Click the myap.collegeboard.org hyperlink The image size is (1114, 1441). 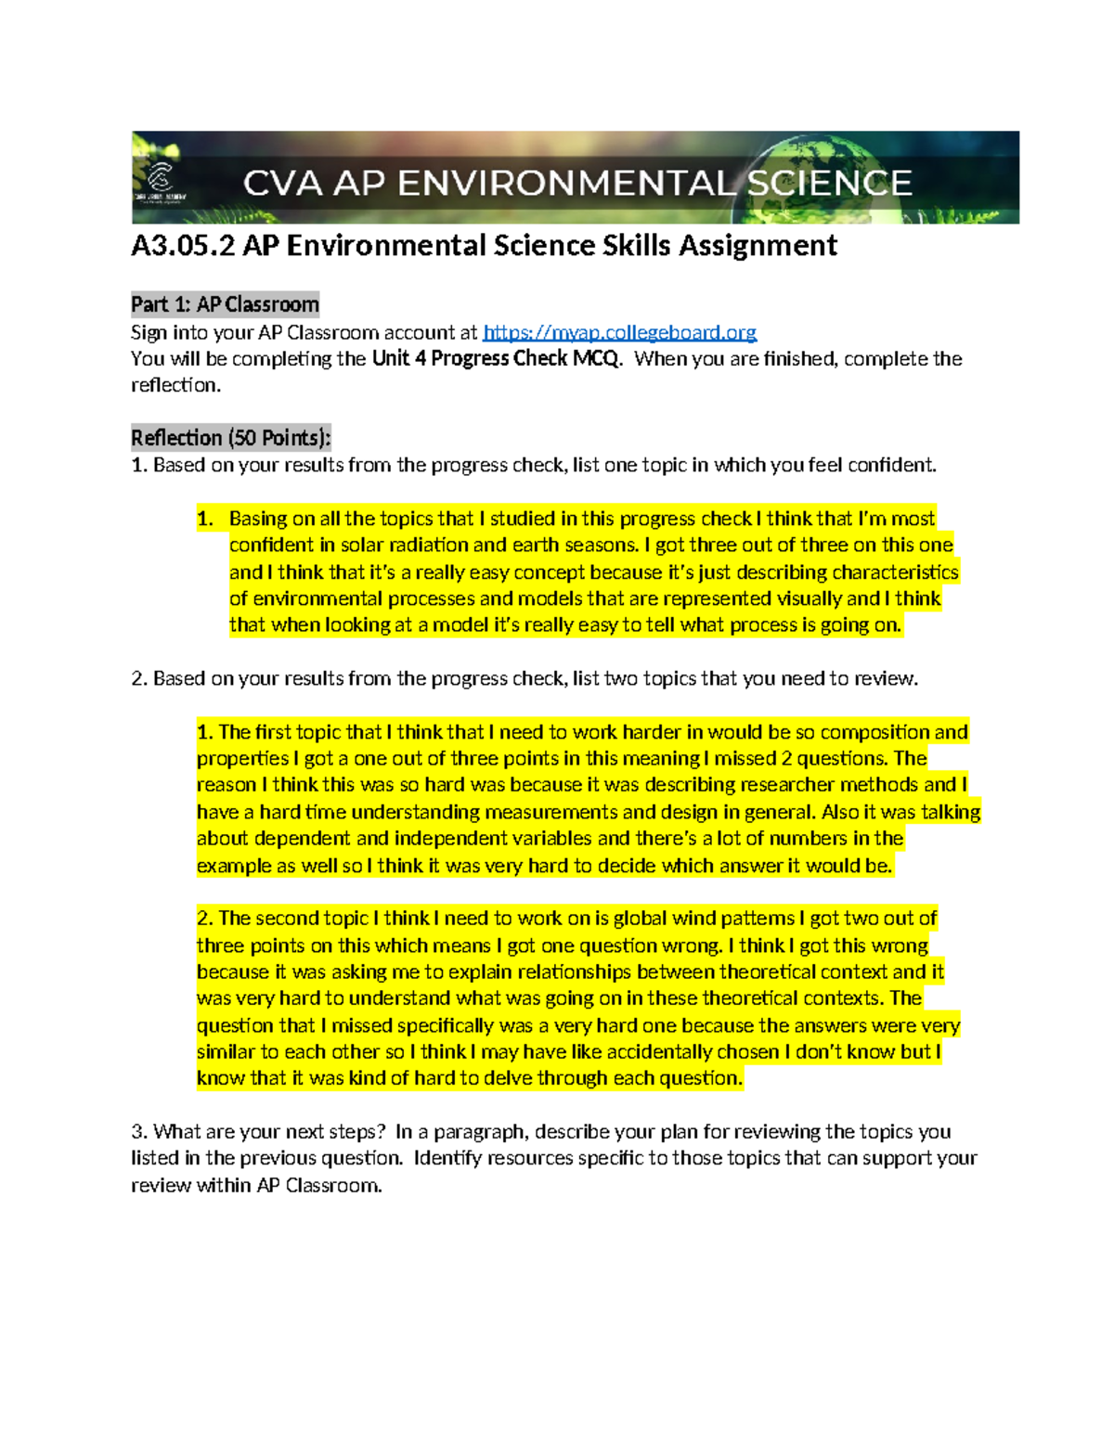[619, 332]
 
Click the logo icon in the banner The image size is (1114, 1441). [161, 177]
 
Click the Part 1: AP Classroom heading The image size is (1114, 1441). [225, 304]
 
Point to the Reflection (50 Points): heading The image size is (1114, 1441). [230, 438]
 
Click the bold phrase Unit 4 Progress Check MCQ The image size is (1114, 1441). [495, 359]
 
